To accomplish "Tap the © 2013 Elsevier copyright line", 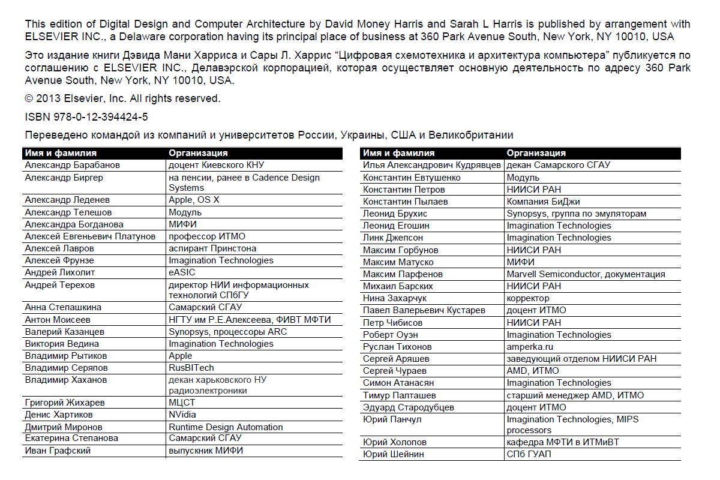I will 122,98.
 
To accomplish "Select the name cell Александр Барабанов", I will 73,165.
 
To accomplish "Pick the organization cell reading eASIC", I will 182,273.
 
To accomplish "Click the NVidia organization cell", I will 182,415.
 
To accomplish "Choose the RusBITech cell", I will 191,368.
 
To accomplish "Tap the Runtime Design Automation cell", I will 226,427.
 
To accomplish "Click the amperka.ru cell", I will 529,347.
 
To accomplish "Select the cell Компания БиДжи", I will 543,202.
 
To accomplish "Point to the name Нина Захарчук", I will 395,298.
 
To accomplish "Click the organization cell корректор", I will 528,298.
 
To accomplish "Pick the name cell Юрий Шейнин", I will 394,454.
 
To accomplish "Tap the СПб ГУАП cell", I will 529,454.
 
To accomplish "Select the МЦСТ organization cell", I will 182,403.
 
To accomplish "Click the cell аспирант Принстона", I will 212,248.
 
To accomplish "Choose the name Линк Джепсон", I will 393,238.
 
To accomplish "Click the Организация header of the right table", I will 536,153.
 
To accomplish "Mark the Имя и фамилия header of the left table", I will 61,153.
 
